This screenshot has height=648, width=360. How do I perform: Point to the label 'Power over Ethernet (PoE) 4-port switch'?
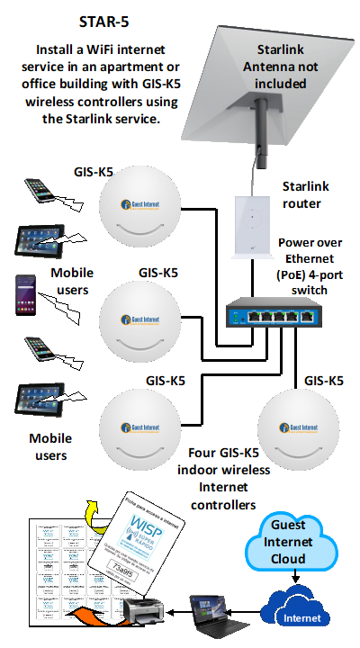click(x=309, y=264)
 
